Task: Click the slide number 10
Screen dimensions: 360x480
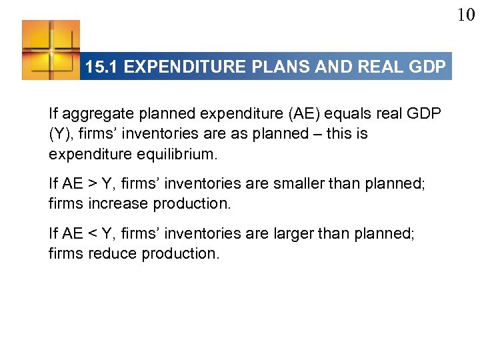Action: coord(466,15)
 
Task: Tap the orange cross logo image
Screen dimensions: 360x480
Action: coord(51,50)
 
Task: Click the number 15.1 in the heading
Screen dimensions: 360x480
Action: coord(102,67)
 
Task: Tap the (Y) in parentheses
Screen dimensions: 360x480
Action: coord(59,133)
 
